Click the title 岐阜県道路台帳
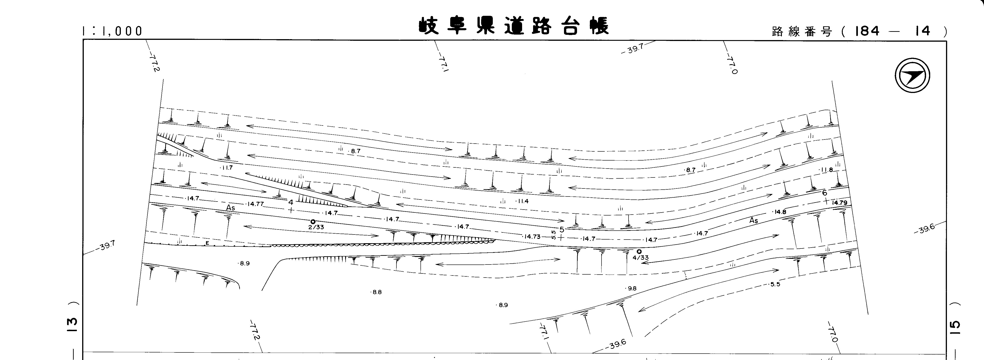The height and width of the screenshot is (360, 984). click(x=514, y=26)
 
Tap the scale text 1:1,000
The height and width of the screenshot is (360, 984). click(x=112, y=31)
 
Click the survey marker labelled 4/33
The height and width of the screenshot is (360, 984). click(x=639, y=251)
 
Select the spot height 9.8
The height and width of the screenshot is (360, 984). click(x=631, y=289)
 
